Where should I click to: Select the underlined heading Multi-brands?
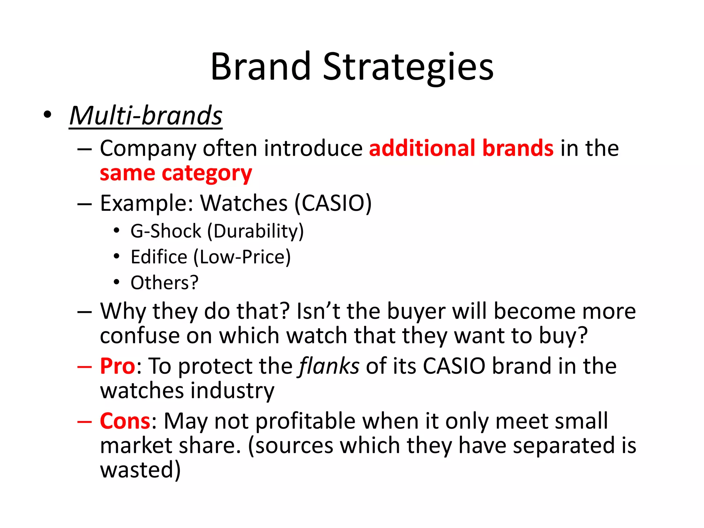(146, 116)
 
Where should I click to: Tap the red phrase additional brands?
(461, 148)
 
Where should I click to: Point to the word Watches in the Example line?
(244, 203)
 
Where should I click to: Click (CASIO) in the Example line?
(333, 203)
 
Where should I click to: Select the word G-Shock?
(166, 231)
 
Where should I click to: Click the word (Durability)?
(255, 231)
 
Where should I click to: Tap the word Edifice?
(159, 257)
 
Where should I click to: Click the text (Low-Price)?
(242, 257)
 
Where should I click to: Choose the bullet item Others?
(164, 283)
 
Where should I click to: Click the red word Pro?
(118, 366)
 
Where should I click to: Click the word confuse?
(140, 336)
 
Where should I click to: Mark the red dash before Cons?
(84, 422)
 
